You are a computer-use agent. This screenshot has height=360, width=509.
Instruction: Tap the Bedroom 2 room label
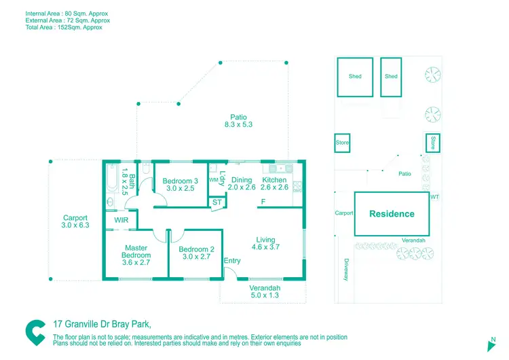coord(197,253)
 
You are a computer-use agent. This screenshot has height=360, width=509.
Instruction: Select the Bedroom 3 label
coord(180,184)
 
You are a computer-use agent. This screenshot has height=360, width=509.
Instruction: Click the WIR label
coord(121,220)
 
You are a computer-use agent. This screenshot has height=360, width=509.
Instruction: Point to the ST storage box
coord(217,202)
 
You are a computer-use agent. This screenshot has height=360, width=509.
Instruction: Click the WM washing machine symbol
coord(213,180)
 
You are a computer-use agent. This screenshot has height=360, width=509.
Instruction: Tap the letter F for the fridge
coord(263,202)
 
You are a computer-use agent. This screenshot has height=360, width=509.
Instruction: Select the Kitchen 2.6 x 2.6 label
coord(274,183)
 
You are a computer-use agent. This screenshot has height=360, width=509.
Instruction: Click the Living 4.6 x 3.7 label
coord(265,243)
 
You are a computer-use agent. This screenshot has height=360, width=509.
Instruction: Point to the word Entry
coord(232,261)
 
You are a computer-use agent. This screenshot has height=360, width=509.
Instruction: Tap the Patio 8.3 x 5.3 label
coord(238,120)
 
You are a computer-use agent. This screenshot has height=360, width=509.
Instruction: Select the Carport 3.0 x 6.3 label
coord(75,221)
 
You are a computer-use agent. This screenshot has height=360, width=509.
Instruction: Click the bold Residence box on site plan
coord(392,214)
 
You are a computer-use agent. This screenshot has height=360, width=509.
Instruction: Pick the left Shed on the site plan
coord(355,77)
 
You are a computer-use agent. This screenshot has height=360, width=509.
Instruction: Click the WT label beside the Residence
coord(434,196)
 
